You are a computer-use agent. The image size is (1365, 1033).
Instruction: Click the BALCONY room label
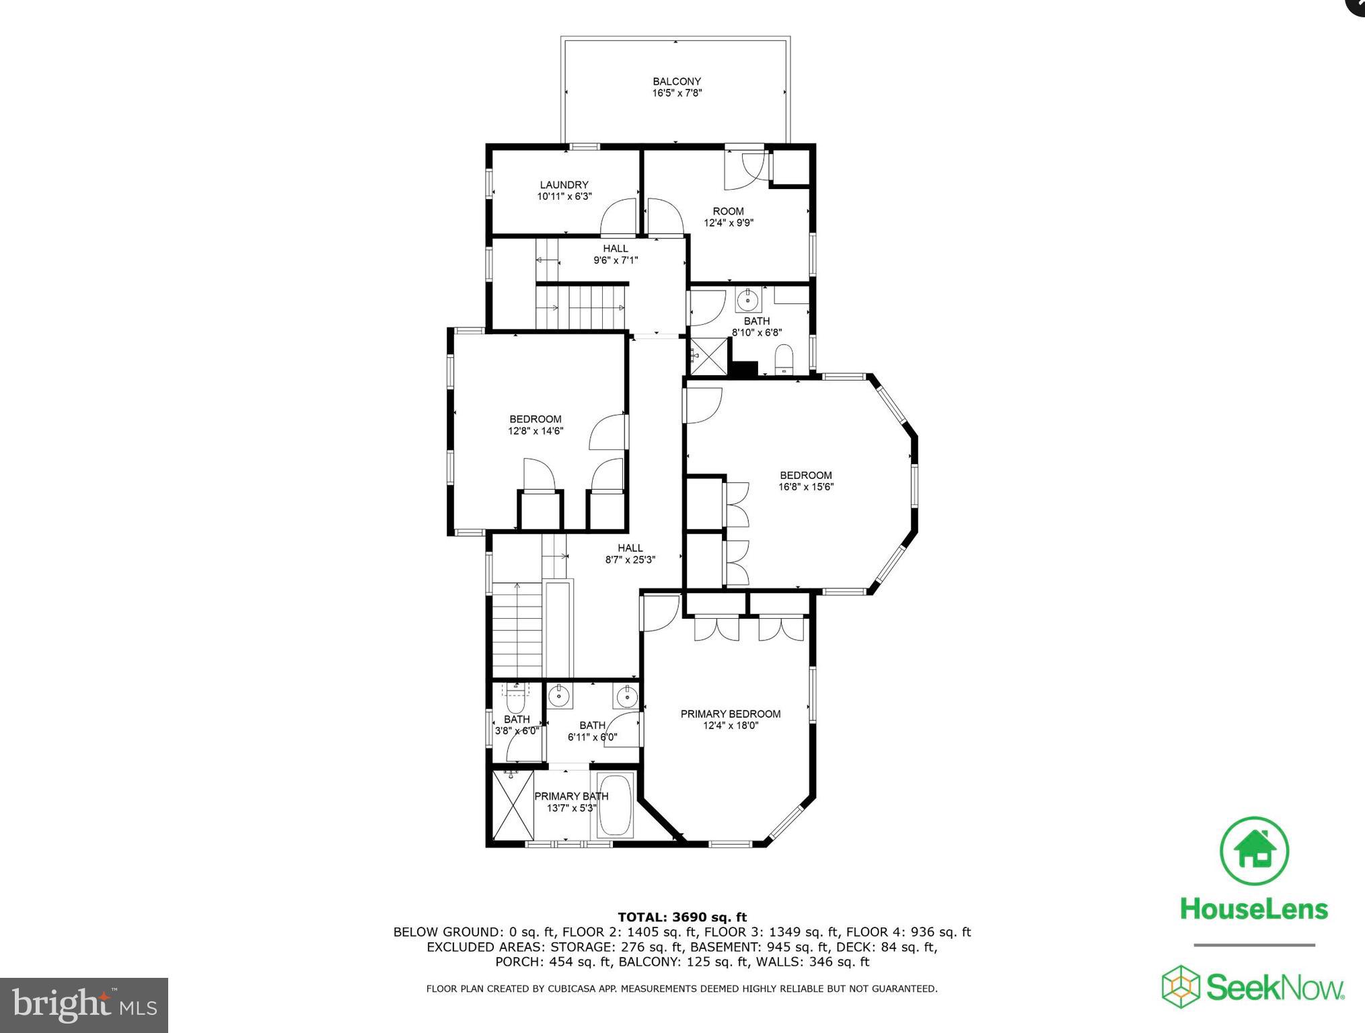[677, 81]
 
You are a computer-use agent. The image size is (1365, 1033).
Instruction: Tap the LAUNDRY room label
[564, 185]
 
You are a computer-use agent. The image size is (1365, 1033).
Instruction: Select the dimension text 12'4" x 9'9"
[728, 223]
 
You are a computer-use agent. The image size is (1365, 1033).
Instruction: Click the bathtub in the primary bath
[615, 806]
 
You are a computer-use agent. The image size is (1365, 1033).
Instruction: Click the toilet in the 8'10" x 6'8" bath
[784, 358]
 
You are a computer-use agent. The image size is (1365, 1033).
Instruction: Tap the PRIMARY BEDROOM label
[730, 714]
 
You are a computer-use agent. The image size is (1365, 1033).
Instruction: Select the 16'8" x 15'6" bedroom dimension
[805, 487]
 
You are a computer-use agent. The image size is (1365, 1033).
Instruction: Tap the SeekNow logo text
[1274, 988]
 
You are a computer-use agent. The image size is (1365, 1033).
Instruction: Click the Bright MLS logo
[84, 1005]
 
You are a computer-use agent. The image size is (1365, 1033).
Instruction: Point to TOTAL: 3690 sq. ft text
[681, 917]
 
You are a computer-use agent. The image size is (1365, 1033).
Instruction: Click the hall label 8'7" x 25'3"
[630, 560]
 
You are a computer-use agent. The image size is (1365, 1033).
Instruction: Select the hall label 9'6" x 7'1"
[615, 260]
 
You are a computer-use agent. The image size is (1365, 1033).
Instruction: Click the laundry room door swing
[619, 217]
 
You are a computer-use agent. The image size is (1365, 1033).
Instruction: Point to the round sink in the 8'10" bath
[747, 298]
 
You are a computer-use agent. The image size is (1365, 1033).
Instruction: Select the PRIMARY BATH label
[571, 796]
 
